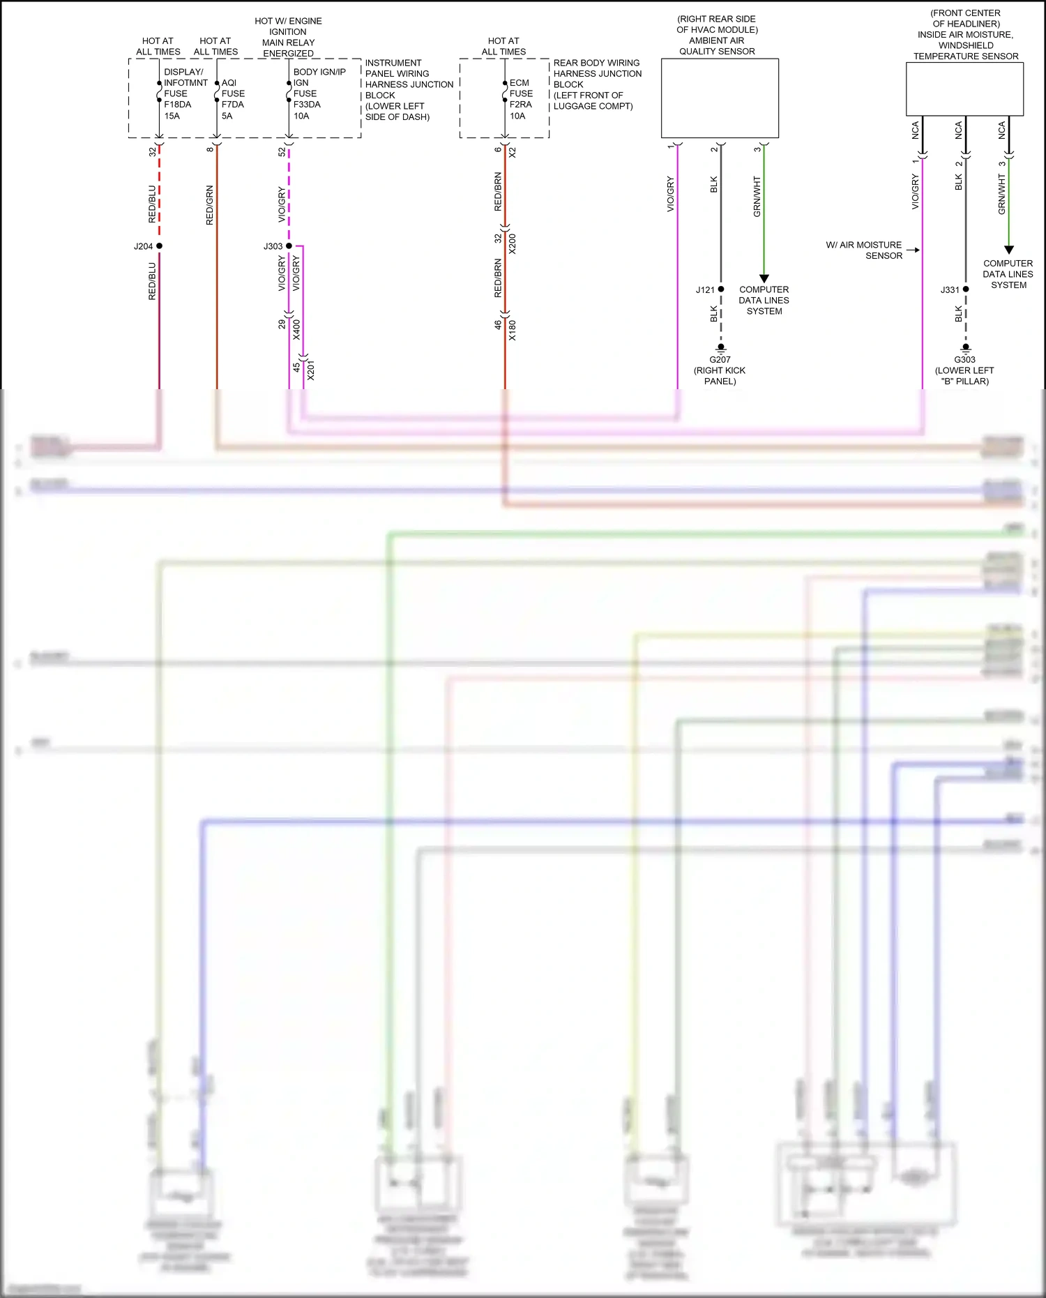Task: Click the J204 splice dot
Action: pyautogui.click(x=159, y=246)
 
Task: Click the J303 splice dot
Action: pyautogui.click(x=289, y=246)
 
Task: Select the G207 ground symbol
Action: pyautogui.click(x=721, y=347)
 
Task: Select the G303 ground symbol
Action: pyautogui.click(x=966, y=347)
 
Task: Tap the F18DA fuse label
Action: pyautogui.click(x=177, y=105)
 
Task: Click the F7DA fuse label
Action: pyautogui.click(x=233, y=105)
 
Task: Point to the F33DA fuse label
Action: pyautogui.click(x=307, y=105)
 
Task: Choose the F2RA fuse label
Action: pyautogui.click(x=520, y=105)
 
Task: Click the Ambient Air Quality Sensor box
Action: pyautogui.click(x=720, y=98)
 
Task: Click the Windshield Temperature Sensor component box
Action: pyautogui.click(x=964, y=89)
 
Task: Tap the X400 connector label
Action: pyautogui.click(x=296, y=329)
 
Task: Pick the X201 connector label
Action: pyautogui.click(x=311, y=370)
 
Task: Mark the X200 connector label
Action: pyautogui.click(x=513, y=243)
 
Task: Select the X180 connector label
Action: pyautogui.click(x=513, y=330)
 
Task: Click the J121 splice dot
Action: pyautogui.click(x=721, y=289)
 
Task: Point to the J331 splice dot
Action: pyautogui.click(x=966, y=289)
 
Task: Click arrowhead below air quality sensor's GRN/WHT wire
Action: pyautogui.click(x=764, y=278)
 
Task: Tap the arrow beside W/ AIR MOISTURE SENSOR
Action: pyautogui.click(x=914, y=250)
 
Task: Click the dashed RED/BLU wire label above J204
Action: pyautogui.click(x=152, y=204)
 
